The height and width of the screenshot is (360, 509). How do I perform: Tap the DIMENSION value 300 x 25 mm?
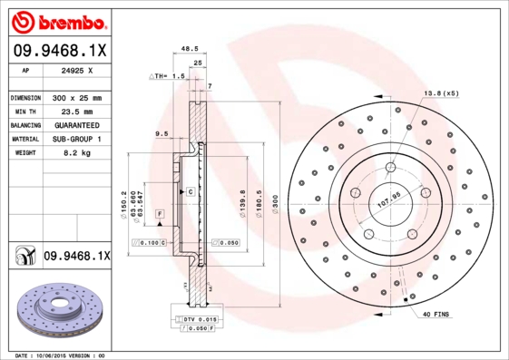[x=77, y=97]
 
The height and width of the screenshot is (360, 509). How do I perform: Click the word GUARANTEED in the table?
[x=77, y=125]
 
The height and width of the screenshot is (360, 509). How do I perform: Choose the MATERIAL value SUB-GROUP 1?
[x=77, y=140]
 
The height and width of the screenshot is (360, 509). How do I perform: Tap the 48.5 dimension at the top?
[x=189, y=51]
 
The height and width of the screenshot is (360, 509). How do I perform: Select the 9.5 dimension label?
[x=162, y=133]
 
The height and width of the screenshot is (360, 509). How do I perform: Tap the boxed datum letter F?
[x=159, y=213]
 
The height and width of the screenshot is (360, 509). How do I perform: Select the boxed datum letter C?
[x=191, y=192]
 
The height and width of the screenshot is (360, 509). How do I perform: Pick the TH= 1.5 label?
[x=167, y=78]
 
